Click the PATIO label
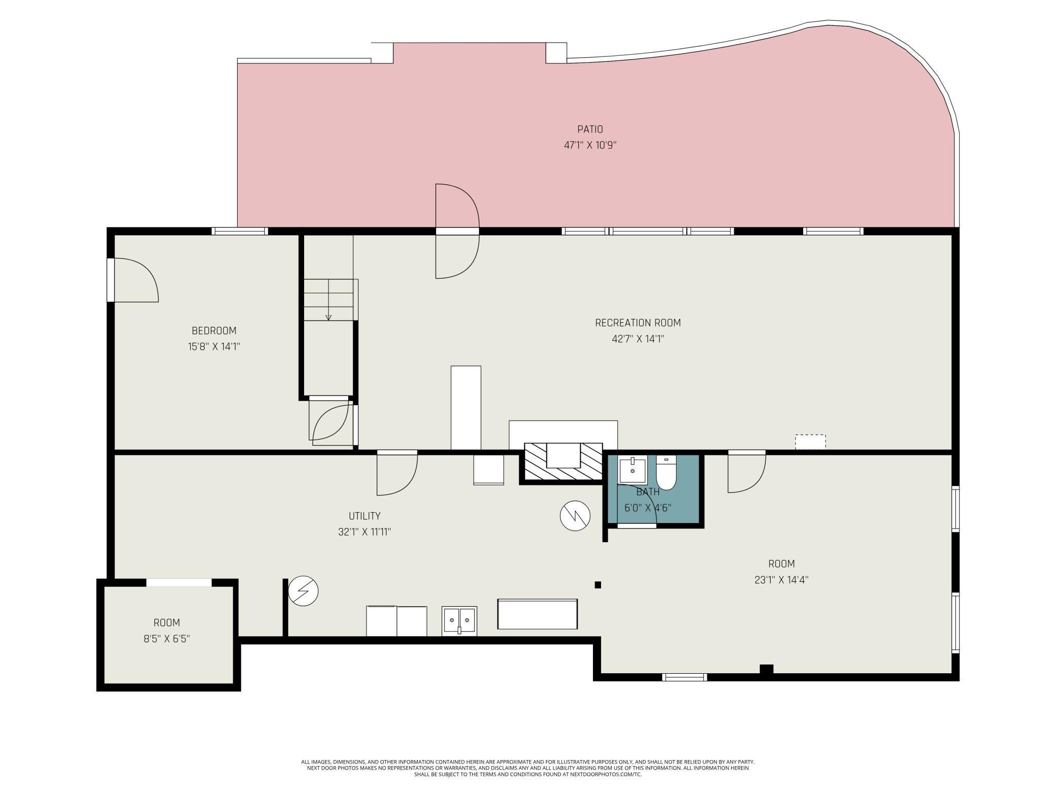tap(590, 129)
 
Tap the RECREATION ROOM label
tap(638, 323)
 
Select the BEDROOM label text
tap(214, 331)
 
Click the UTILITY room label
tap(365, 516)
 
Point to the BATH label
tap(648, 491)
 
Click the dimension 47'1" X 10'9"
tap(590, 145)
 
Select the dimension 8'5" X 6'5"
tap(167, 639)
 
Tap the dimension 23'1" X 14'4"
tap(781, 580)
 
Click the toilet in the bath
tap(666, 473)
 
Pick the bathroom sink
tap(633, 471)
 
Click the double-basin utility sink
tap(459, 620)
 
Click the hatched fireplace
tap(563, 461)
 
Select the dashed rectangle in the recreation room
tap(810, 442)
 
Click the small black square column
tap(598, 585)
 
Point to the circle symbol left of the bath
tap(575, 516)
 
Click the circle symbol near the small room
tap(303, 591)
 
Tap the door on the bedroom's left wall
tap(133, 280)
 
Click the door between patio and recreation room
tap(457, 232)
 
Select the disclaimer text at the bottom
tap(528, 768)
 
